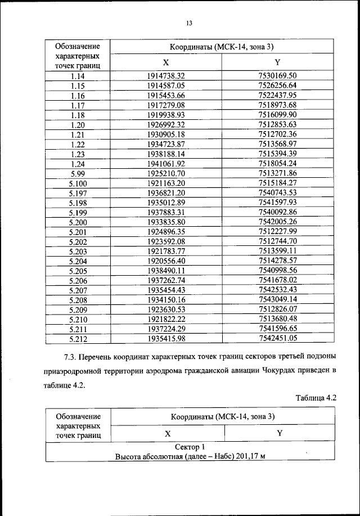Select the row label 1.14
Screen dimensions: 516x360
point(78,75)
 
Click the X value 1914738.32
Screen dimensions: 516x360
point(166,75)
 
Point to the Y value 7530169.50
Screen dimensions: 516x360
point(277,75)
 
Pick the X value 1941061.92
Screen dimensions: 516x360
point(166,164)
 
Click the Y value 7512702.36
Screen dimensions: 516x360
point(277,134)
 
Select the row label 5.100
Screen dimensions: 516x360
point(78,183)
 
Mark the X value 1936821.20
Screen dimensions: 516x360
point(166,193)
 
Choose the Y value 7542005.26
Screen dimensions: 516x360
point(277,222)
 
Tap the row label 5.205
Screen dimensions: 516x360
point(78,271)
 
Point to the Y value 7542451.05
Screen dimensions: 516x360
point(277,339)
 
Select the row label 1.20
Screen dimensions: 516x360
point(78,124)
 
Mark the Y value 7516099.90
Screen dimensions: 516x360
point(277,115)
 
